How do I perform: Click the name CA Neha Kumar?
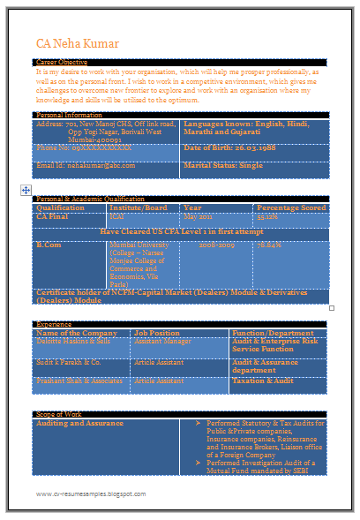point(74,42)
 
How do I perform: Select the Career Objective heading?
point(62,63)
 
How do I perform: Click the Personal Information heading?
point(69,116)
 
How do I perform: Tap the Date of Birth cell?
point(223,147)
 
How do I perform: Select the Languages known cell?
point(246,129)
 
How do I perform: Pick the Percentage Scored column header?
point(290,207)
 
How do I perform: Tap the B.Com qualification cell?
point(49,243)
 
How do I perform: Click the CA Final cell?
point(52,216)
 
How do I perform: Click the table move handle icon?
point(26,190)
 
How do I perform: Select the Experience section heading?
point(54,324)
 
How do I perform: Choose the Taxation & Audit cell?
point(263,381)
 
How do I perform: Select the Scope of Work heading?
point(59,413)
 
